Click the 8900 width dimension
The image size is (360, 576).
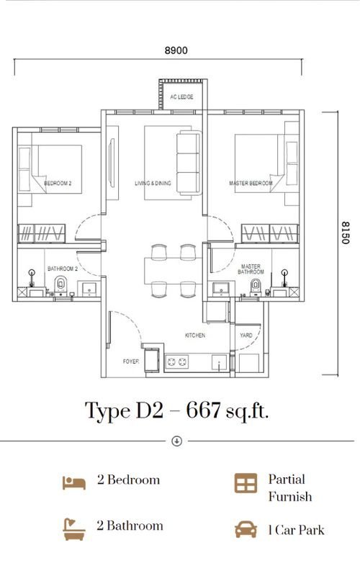click(x=176, y=50)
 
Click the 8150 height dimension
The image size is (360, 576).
click(x=345, y=233)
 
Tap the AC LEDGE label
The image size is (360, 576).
click(x=181, y=97)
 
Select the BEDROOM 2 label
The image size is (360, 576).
click(x=58, y=183)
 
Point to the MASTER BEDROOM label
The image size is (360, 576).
click(x=251, y=183)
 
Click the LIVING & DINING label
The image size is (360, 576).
click(x=153, y=183)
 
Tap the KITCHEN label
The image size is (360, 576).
click(x=195, y=336)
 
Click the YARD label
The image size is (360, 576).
click(x=246, y=336)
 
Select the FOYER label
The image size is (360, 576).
click(x=131, y=361)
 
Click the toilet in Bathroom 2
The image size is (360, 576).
click(x=60, y=286)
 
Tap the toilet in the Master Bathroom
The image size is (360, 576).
click(x=256, y=287)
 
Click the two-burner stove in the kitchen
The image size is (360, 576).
click(x=177, y=362)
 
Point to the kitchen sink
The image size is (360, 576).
click(x=220, y=363)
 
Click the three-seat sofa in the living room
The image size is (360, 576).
click(x=189, y=163)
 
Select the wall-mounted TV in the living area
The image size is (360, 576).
click(x=112, y=161)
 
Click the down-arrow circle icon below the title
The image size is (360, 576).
click(x=177, y=441)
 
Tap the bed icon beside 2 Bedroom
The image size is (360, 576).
click(x=74, y=482)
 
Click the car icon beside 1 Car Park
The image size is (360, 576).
click(x=246, y=529)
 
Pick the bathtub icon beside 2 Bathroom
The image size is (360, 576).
click(x=74, y=529)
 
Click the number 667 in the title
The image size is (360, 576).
click(x=203, y=410)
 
